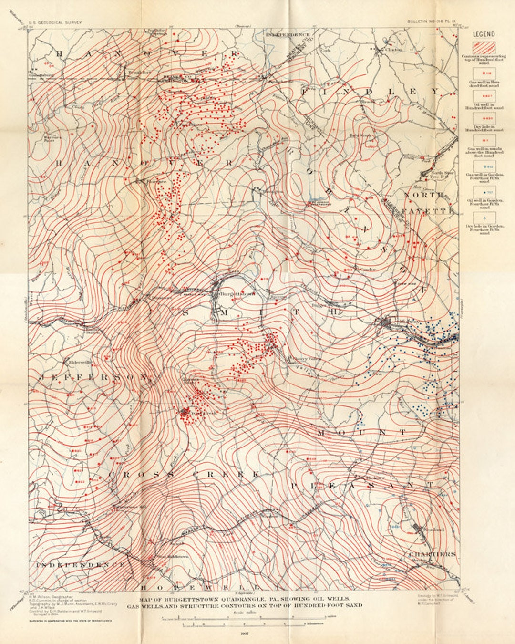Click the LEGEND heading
point(484,34)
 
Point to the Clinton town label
point(393,49)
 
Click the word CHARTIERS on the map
point(432,554)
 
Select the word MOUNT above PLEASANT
point(362,432)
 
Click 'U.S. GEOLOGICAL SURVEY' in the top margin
point(55,22)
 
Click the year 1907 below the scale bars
point(244,633)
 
